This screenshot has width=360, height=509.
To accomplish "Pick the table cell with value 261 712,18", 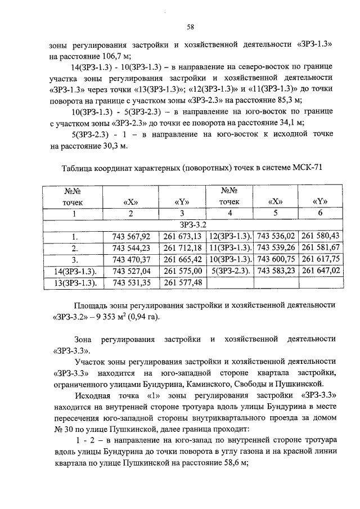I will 182,248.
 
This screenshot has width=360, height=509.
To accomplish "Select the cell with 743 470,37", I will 131,259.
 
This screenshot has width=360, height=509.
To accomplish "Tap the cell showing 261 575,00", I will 182,271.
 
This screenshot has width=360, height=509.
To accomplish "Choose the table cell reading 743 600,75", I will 276,259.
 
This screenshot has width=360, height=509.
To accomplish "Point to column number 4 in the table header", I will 229,213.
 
